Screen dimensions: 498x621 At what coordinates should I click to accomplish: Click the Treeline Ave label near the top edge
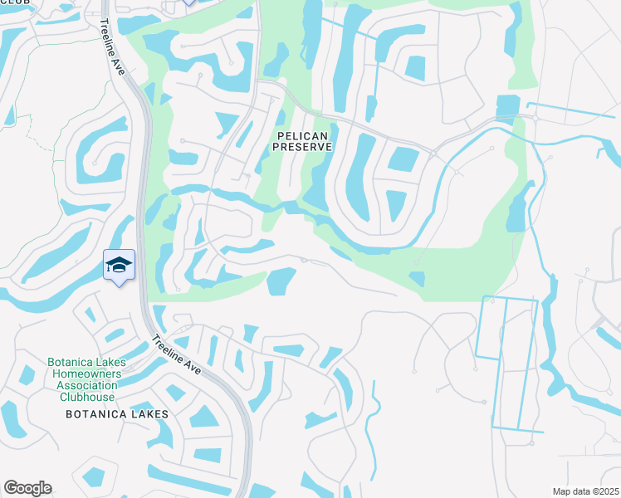[114, 49]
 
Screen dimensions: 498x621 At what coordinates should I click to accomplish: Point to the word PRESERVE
[303, 147]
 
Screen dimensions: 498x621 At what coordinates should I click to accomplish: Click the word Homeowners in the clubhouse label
[87, 373]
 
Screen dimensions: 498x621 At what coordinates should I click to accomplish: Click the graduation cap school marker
[119, 266]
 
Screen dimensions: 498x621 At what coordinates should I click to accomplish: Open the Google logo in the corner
[27, 488]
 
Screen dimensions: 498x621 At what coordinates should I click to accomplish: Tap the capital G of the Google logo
[11, 488]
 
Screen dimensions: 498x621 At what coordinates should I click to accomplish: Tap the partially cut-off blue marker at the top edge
[188, 2]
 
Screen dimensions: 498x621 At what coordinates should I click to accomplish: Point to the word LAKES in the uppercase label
[150, 413]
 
